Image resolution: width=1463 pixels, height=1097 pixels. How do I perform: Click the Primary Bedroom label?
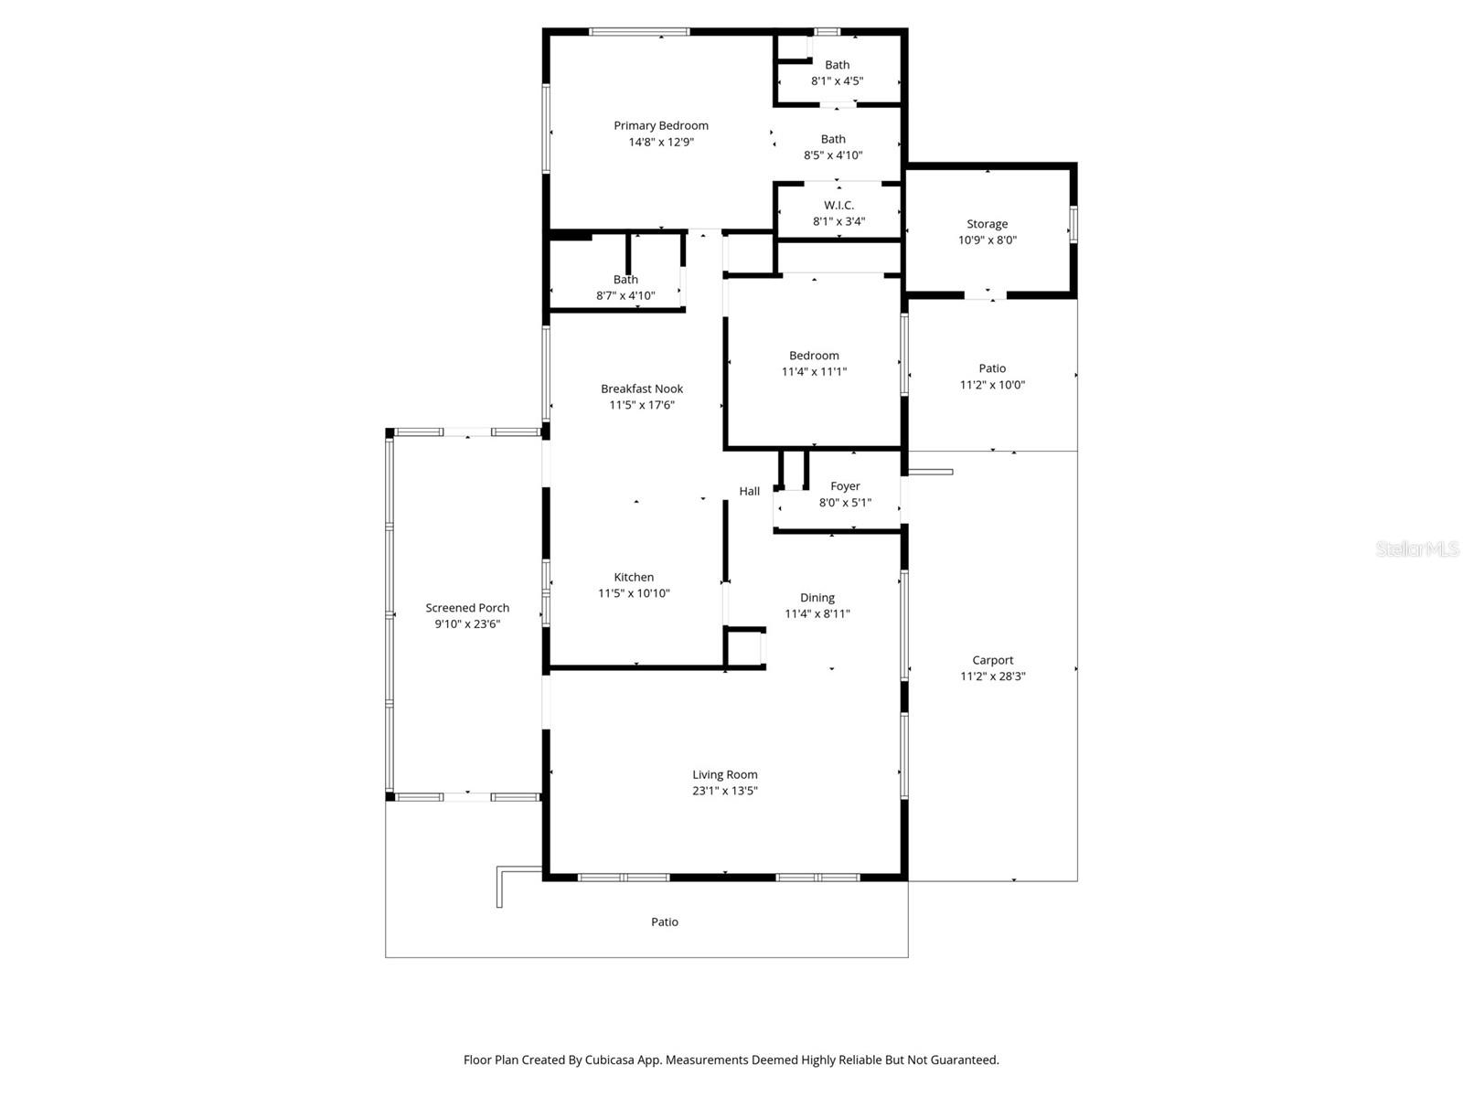(660, 126)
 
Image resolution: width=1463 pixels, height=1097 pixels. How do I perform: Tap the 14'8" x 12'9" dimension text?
(660, 143)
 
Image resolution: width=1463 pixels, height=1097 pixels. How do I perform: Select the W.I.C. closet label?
(838, 206)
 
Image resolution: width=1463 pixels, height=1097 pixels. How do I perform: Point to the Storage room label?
(987, 224)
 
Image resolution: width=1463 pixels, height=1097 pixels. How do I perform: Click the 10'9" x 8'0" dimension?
(987, 240)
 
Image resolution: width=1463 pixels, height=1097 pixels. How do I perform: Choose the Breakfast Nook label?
(641, 389)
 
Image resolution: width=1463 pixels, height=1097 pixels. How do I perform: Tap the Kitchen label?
(634, 578)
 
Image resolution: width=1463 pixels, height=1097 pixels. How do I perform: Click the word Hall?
(749, 492)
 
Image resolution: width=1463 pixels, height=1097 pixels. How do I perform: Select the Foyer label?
(845, 487)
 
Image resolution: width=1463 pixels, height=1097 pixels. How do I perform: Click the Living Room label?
(724, 775)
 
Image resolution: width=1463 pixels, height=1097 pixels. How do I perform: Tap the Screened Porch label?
(467, 608)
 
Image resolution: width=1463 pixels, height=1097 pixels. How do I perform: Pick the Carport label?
(992, 661)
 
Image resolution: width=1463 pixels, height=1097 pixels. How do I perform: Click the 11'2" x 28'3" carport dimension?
(992, 677)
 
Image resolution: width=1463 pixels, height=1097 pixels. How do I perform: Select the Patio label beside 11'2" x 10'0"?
(991, 369)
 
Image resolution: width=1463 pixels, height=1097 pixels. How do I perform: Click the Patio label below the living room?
(664, 922)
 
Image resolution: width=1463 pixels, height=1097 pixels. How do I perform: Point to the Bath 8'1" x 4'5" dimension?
(837, 81)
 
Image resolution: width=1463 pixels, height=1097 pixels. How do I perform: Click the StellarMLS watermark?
(1416, 549)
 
